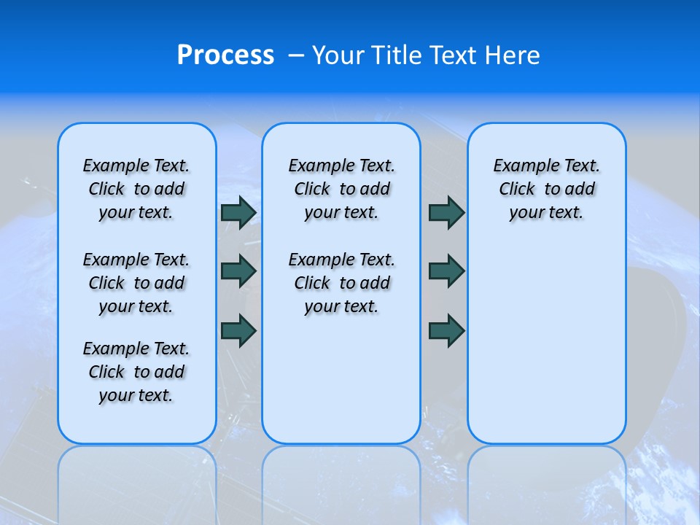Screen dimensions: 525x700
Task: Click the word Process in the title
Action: tap(225, 55)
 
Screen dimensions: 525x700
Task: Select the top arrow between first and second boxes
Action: tap(238, 212)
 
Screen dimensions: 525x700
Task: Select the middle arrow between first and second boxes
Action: tap(238, 271)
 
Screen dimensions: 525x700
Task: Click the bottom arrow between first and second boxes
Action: tap(238, 330)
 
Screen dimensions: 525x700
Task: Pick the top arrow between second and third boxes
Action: tap(446, 212)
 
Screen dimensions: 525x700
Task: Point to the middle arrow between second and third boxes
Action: tap(446, 271)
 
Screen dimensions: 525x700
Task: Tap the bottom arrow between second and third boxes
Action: tap(446, 330)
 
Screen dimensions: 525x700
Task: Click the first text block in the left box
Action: tap(136, 189)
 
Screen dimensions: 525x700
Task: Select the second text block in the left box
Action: tap(136, 283)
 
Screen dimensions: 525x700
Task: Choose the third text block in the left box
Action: tap(136, 372)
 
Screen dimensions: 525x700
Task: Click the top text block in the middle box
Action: tap(341, 189)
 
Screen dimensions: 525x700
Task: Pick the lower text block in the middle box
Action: tap(341, 283)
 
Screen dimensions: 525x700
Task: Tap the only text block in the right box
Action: tap(546, 189)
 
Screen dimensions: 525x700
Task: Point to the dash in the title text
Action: tap(296, 55)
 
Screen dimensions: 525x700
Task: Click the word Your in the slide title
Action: tap(339, 55)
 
